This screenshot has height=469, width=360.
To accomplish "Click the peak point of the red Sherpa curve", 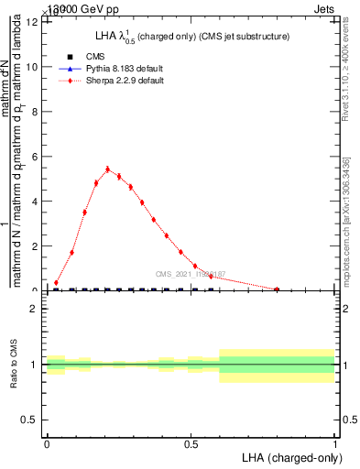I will (107, 169).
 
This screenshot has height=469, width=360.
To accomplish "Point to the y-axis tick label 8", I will (34, 112).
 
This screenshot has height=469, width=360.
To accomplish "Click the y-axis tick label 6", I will (34, 157).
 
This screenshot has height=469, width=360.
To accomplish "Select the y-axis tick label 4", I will (34, 202).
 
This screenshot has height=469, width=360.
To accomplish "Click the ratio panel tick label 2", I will (33, 309).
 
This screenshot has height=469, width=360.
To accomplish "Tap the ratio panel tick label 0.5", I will (29, 420).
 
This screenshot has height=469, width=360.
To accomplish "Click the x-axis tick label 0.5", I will (191, 443).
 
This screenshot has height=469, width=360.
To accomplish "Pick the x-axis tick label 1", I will (335, 443).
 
